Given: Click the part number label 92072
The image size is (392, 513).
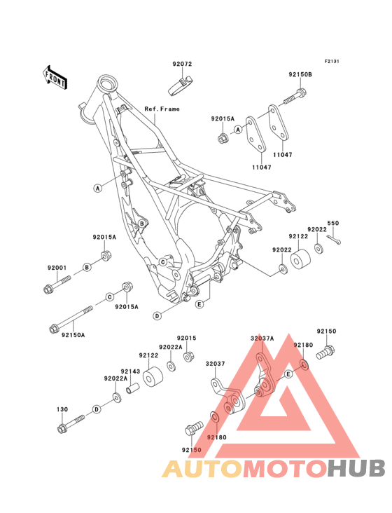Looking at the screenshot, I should (x=183, y=64).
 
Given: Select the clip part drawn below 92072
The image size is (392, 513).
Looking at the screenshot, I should (x=181, y=86).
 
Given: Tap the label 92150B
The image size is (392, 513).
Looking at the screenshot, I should (x=300, y=74).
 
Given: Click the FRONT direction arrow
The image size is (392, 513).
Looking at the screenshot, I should (x=56, y=77).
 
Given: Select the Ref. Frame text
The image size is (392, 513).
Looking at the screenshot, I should (x=162, y=109).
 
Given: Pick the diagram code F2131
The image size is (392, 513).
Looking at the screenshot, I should (x=331, y=61).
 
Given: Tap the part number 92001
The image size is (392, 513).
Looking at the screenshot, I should (x=57, y=268).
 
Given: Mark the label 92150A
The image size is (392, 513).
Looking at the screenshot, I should (x=72, y=335).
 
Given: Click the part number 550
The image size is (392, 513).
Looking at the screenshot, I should (x=333, y=223).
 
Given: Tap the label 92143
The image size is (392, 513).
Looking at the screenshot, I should (x=129, y=371).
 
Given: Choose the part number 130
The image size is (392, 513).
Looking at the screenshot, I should (x=62, y=408).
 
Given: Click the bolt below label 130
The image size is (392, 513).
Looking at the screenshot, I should (x=69, y=424).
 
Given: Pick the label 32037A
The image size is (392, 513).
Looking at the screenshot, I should (x=262, y=338).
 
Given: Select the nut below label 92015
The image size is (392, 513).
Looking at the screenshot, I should (x=188, y=357).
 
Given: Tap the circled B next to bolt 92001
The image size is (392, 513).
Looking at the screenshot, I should (x=87, y=268).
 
